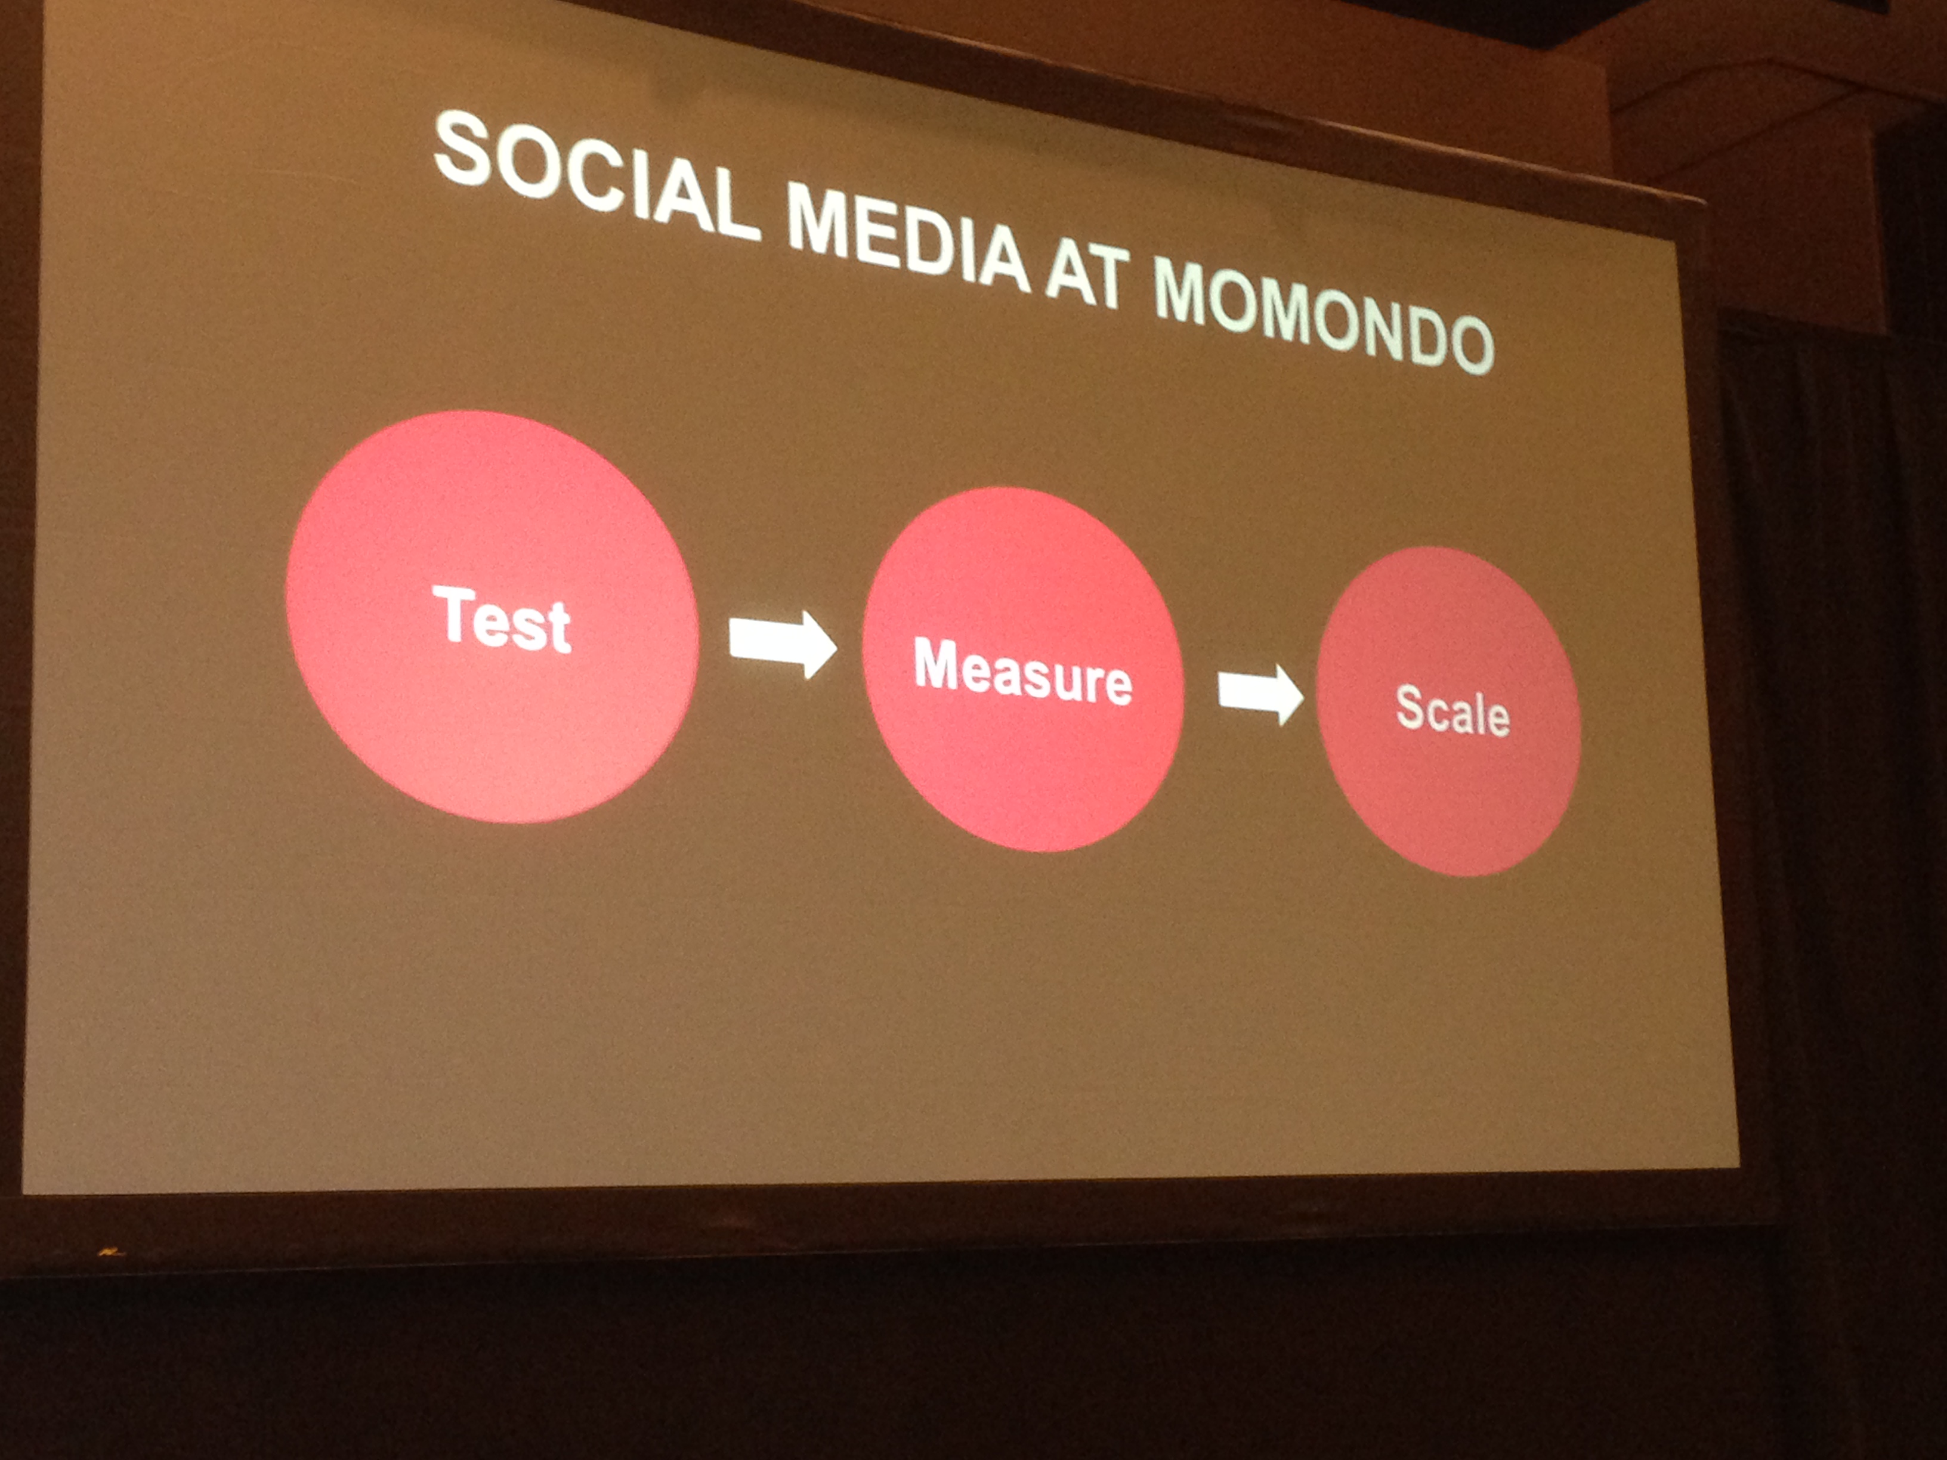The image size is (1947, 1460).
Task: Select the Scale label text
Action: click(1453, 710)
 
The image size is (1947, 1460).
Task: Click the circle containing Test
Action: click(492, 617)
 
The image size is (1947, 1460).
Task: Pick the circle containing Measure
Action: click(1023, 669)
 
